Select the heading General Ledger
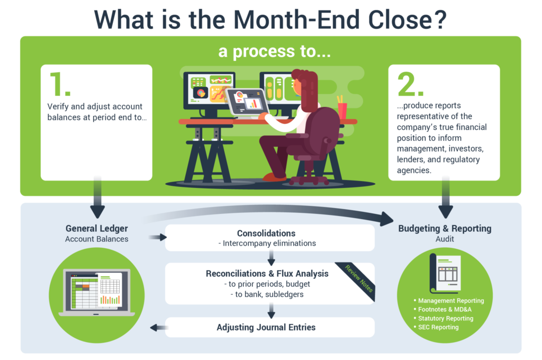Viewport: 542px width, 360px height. (x=97, y=229)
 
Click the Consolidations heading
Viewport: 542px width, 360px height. (x=266, y=233)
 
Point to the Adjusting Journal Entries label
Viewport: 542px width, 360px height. (x=266, y=327)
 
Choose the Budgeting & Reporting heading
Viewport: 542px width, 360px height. (x=445, y=229)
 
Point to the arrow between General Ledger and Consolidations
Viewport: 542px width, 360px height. (x=155, y=238)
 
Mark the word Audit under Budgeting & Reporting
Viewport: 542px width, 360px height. (x=445, y=239)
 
